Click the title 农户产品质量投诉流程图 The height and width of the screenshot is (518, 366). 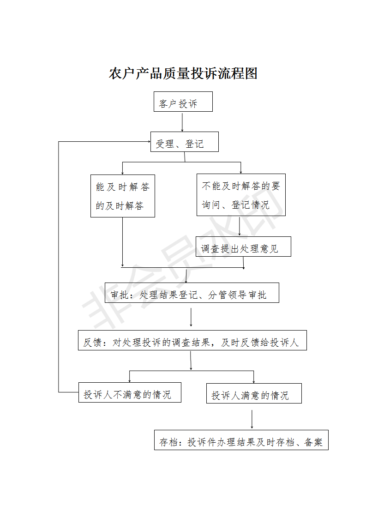(x=183, y=73)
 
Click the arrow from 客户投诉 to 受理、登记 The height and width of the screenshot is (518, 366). (x=182, y=122)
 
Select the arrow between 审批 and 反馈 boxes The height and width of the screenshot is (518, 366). (x=191, y=318)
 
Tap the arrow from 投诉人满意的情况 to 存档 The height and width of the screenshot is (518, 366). (x=252, y=420)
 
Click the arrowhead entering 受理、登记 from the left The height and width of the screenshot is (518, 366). (x=149, y=142)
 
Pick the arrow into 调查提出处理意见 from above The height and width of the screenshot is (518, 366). (x=240, y=226)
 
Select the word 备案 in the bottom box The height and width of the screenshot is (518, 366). (x=313, y=442)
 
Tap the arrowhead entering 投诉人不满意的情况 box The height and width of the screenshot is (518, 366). (x=130, y=381)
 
